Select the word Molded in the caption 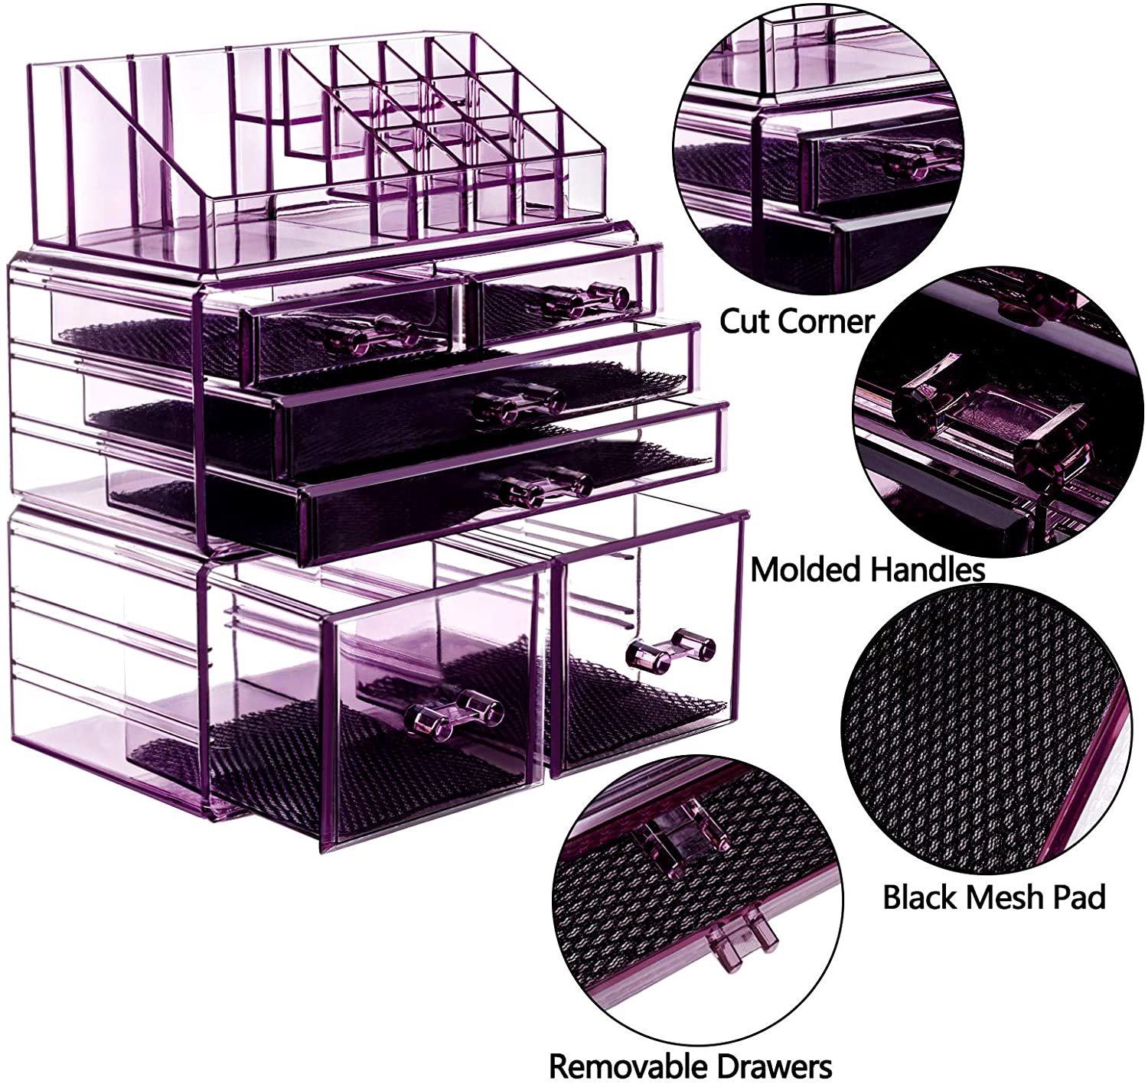[x=806, y=570]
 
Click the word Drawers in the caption [x=774, y=1066]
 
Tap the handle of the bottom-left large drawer [x=450, y=717]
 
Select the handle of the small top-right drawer [x=585, y=299]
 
